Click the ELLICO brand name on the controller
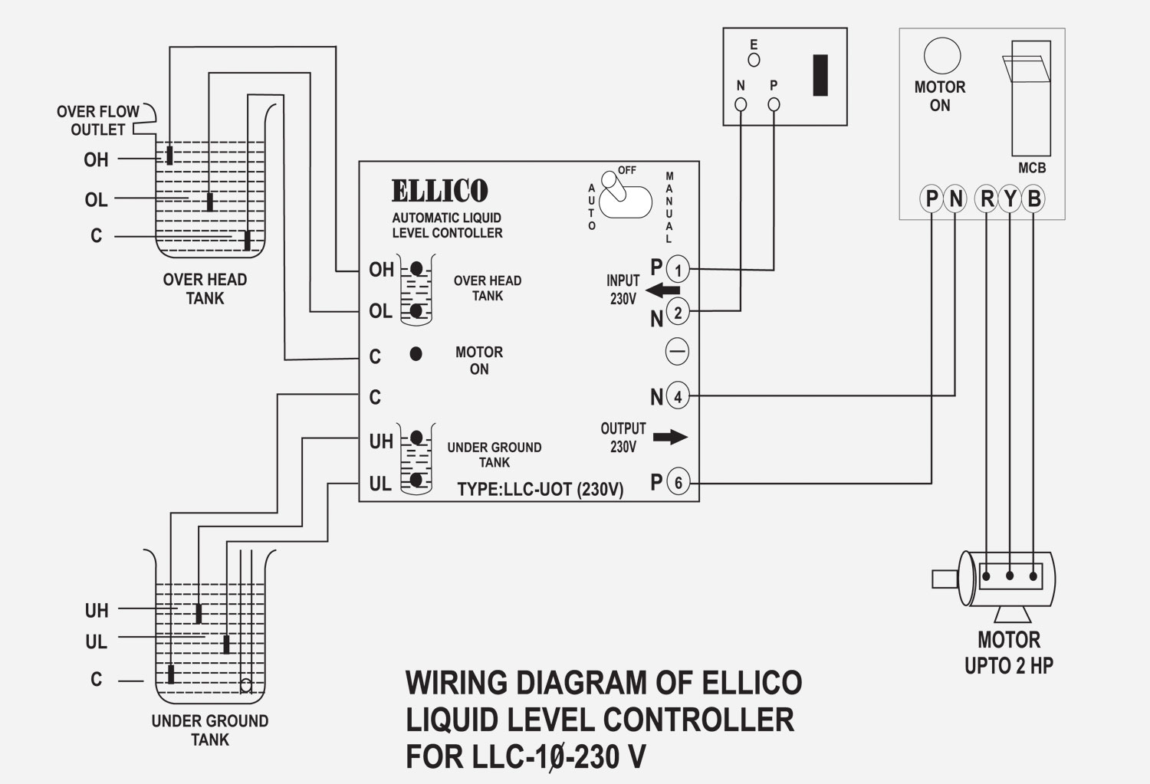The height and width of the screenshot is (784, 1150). tap(439, 191)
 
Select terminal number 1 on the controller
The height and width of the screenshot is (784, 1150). tap(678, 270)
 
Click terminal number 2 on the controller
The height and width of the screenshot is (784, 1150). tap(678, 312)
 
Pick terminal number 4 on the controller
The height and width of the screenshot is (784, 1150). tap(678, 396)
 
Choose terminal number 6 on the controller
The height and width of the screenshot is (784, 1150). tap(678, 483)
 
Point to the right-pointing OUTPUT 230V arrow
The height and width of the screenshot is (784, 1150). tap(670, 437)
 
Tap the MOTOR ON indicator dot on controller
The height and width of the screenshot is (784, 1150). tap(416, 354)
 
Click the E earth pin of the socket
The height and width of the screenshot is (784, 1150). tap(754, 59)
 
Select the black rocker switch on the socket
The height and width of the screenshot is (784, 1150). tap(820, 75)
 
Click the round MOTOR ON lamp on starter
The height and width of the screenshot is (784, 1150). tap(941, 56)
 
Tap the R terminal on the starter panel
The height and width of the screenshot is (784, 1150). tap(987, 199)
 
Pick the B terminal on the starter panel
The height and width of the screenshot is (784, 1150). tap(1033, 199)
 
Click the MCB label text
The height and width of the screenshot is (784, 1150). tap(1031, 168)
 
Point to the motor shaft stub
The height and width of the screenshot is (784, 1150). tap(944, 578)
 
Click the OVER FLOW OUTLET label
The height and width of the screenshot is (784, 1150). tap(98, 120)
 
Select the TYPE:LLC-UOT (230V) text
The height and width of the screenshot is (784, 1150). tap(540, 490)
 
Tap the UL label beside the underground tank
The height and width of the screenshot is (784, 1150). tap(96, 641)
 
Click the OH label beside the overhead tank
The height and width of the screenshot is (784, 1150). tap(96, 159)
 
